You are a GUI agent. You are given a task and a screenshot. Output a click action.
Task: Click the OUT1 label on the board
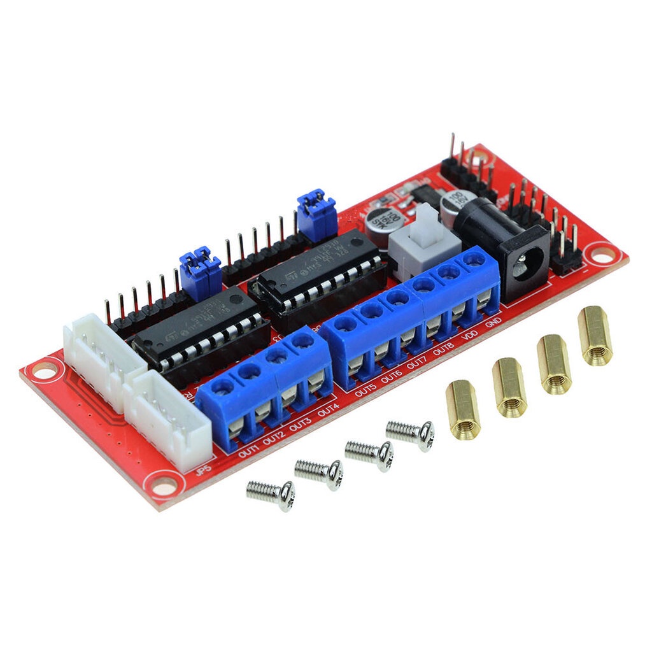[x=249, y=454]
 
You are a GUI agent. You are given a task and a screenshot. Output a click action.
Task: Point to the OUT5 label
[x=365, y=390]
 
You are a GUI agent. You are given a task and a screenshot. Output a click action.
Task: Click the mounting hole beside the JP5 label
[x=164, y=487]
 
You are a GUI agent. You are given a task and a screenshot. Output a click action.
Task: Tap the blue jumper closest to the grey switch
[x=316, y=213]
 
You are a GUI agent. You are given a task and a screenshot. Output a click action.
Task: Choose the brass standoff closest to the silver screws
[x=463, y=409]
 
